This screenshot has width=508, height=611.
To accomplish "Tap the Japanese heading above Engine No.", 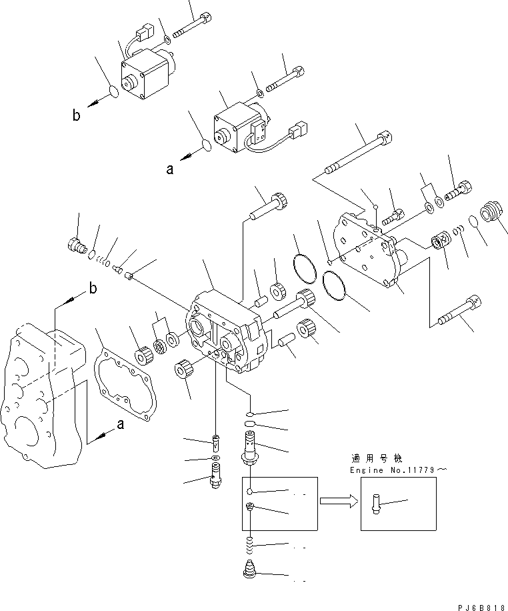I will point(376,459).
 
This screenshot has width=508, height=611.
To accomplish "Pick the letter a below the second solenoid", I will point(169,169).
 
